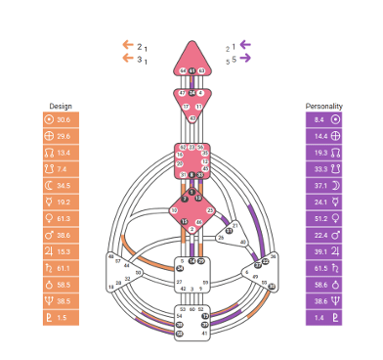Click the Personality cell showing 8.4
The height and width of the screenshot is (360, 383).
point(323,118)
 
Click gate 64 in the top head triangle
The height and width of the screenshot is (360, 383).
point(183,71)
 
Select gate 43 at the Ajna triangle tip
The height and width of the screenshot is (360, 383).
point(192,118)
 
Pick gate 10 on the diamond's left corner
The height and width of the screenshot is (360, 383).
point(174,210)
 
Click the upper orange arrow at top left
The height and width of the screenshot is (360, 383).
point(127,45)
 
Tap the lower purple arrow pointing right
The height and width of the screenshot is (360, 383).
point(244,60)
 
